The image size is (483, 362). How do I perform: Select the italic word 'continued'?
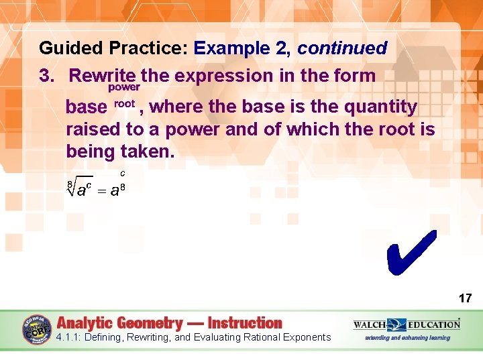[342, 48]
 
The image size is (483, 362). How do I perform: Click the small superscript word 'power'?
[124, 87]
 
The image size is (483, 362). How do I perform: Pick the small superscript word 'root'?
[125, 103]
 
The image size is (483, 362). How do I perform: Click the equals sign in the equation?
[100, 191]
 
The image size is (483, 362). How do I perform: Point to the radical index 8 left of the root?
[68, 184]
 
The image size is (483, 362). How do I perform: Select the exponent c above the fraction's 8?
[122, 174]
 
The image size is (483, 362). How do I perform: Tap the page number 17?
[465, 298]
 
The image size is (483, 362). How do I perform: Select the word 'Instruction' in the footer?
[246, 323]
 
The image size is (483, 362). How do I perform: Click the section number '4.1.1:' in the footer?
[72, 337]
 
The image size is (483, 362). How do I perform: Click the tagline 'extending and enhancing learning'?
[407, 337]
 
